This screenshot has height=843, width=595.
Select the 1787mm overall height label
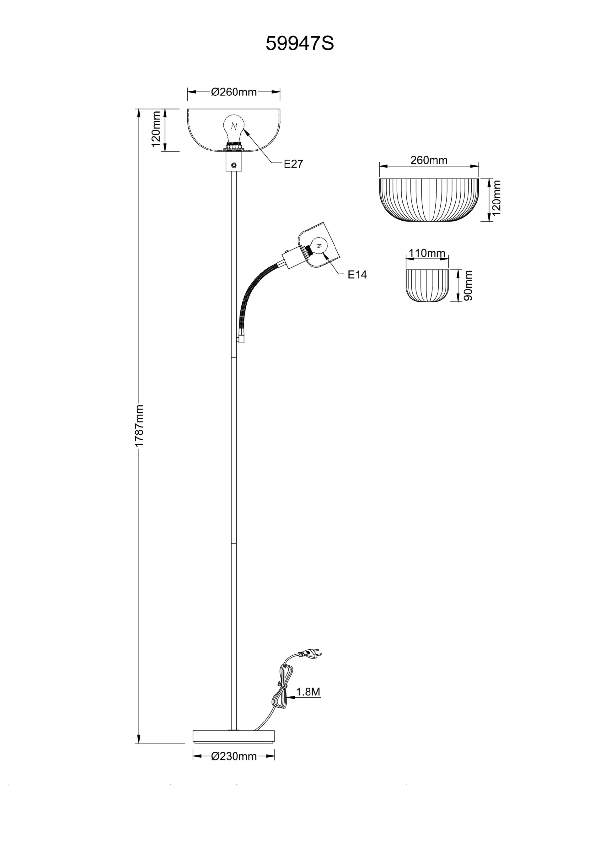[x=139, y=425]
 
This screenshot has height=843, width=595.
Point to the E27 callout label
[x=293, y=164]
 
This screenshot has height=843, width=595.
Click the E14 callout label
[x=357, y=274]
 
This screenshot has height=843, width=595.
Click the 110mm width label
[x=427, y=253]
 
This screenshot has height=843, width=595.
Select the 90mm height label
[x=468, y=285]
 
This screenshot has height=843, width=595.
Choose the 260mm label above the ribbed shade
[x=429, y=160]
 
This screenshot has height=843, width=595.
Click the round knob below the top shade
[x=234, y=166]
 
